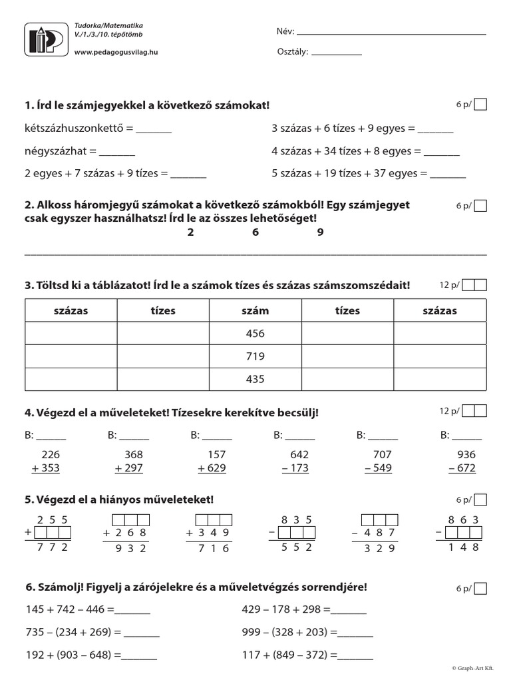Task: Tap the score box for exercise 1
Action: (480, 104)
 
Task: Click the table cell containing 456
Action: (255, 334)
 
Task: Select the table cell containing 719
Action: (255, 356)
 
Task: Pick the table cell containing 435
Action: (255, 379)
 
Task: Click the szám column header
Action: (255, 310)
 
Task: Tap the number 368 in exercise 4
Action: (134, 454)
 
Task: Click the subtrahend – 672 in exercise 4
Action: (462, 468)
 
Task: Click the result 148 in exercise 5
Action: (464, 547)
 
